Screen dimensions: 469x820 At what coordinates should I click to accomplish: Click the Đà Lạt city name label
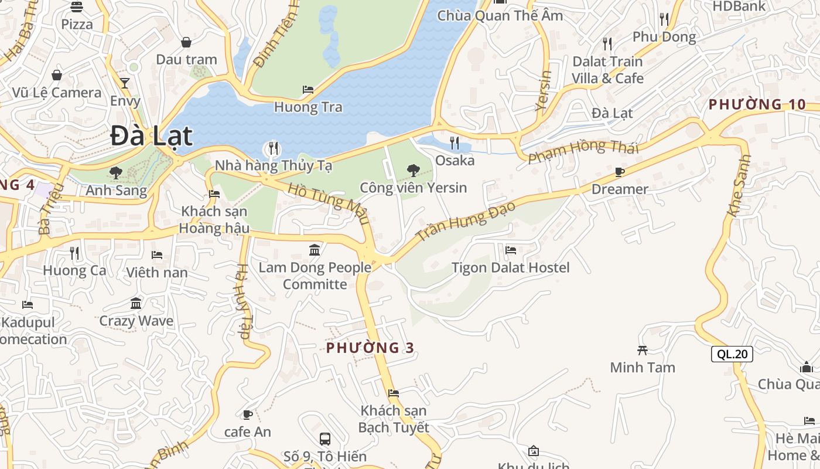151,136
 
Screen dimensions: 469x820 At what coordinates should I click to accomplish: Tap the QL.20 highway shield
732,354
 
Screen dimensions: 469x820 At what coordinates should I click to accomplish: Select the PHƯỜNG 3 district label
370,348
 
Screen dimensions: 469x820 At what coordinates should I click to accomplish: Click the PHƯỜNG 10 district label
757,104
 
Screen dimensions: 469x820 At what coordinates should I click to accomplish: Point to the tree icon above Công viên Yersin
413,171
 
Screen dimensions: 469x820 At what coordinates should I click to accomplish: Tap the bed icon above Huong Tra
308,90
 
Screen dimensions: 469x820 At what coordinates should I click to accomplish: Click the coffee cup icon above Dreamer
619,172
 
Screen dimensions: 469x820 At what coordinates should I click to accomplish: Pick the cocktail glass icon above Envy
125,83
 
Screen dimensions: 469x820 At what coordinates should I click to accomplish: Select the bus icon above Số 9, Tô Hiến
325,439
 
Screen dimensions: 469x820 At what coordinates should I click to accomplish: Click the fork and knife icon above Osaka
454,142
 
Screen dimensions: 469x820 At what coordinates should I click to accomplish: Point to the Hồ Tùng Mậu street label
329,203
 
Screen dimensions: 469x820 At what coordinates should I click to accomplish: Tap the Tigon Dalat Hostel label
510,268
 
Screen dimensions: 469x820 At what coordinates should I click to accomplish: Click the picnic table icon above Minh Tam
643,350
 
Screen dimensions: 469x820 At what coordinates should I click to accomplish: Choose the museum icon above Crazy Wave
136,303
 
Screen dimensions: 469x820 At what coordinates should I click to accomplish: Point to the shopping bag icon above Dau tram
186,42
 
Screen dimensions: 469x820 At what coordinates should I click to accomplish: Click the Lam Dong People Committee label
315,276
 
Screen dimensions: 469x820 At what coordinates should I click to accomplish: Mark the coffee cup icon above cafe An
248,414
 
